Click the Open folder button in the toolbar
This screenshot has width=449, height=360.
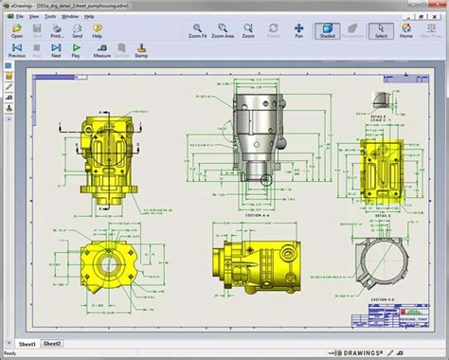pyautogui.click(x=17, y=31)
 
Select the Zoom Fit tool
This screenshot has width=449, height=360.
pyautogui.click(x=197, y=31)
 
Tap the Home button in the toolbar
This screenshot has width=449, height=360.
pyautogui.click(x=405, y=31)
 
